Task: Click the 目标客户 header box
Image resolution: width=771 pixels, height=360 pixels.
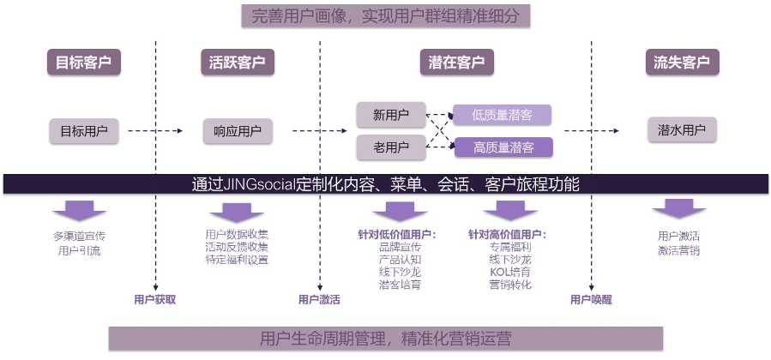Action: click(x=83, y=63)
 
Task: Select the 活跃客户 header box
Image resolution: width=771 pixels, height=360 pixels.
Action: click(x=237, y=63)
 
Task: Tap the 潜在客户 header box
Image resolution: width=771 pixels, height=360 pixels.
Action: click(x=456, y=63)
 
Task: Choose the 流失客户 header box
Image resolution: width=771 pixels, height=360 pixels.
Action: click(x=682, y=63)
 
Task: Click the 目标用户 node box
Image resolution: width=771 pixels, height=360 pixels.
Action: click(x=83, y=131)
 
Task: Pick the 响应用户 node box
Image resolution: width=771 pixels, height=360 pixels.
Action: click(x=238, y=131)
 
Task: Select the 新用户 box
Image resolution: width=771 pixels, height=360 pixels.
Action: click(x=391, y=114)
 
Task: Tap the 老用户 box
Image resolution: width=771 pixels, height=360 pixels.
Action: click(x=391, y=147)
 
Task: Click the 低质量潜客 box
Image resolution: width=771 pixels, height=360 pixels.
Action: click(x=502, y=115)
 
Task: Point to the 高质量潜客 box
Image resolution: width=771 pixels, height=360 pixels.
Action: click(x=502, y=147)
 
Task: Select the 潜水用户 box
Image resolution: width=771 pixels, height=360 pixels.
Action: click(x=682, y=131)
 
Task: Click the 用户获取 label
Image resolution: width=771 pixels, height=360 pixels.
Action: click(x=155, y=299)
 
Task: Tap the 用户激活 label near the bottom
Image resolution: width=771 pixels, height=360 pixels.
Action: click(x=319, y=299)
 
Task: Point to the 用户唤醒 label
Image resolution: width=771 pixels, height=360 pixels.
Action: click(x=591, y=299)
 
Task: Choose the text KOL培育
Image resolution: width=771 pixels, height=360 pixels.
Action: click(x=510, y=272)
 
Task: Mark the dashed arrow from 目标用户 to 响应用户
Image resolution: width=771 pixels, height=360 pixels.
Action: click(x=155, y=131)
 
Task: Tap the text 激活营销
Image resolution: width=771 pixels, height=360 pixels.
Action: click(x=679, y=250)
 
